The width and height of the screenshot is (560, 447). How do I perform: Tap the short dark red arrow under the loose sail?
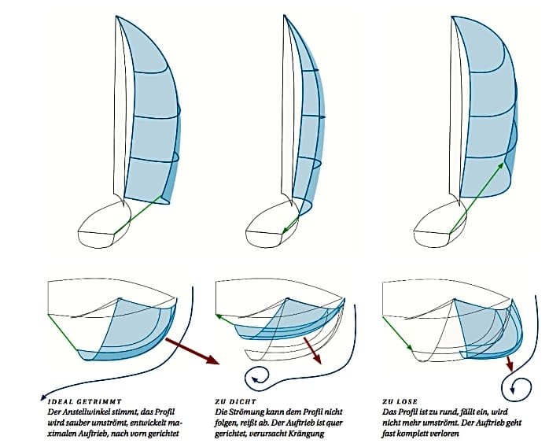tap(510, 364)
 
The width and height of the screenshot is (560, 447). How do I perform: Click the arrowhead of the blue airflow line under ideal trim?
tap(42, 397)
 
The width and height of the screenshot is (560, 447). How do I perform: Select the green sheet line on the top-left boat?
tap(138, 213)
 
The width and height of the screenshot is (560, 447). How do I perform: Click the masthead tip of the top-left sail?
tap(117, 17)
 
